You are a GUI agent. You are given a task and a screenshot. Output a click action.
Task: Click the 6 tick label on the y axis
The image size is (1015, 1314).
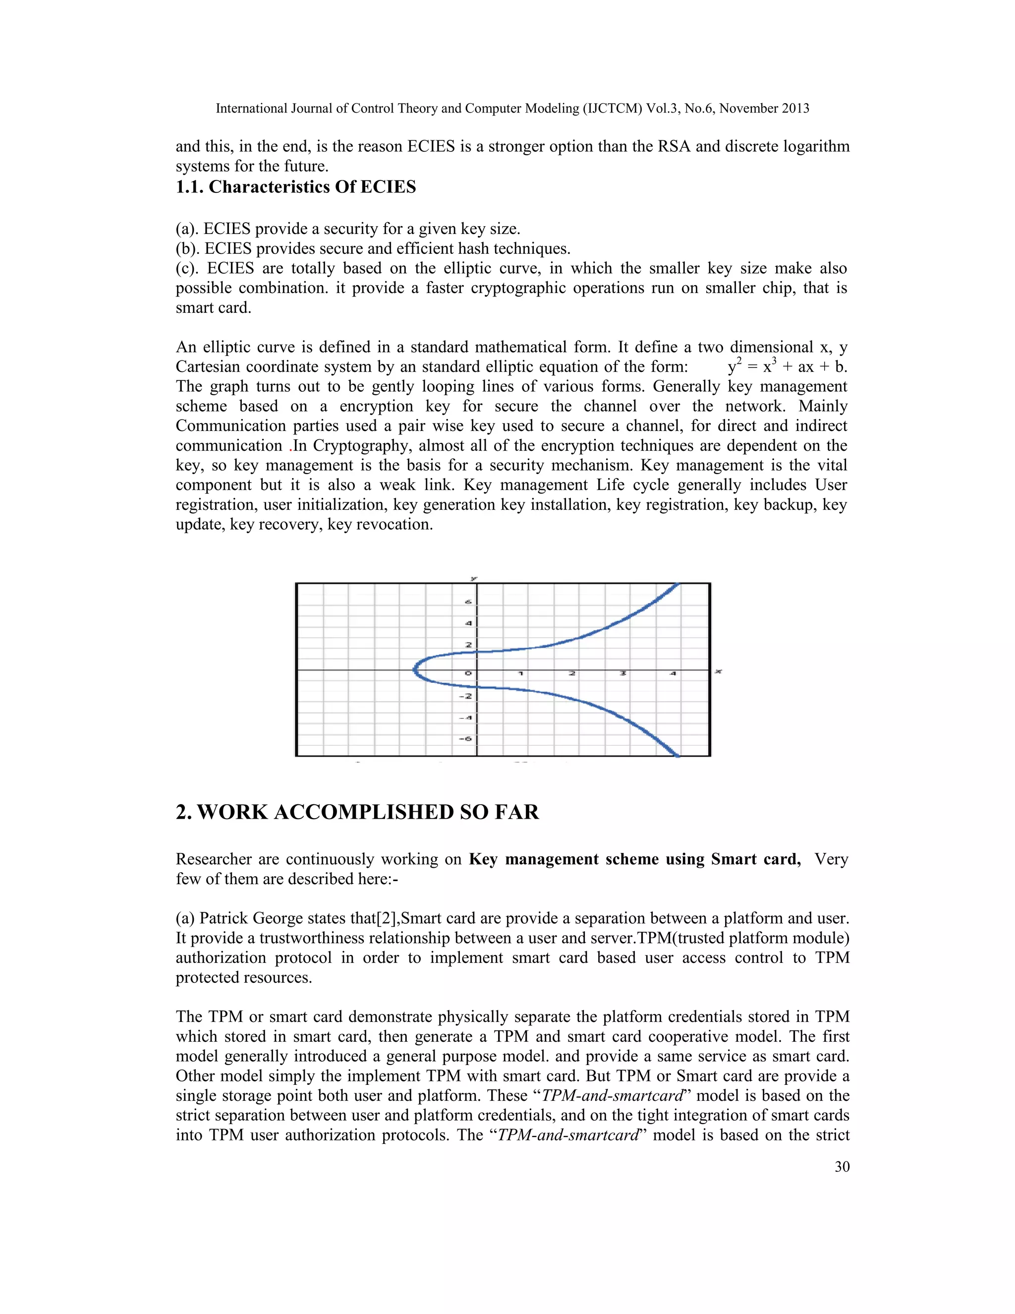[468, 602]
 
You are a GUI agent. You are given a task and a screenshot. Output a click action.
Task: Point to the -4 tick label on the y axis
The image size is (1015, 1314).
[465, 717]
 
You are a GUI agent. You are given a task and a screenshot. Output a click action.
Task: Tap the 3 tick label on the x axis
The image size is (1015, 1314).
[623, 673]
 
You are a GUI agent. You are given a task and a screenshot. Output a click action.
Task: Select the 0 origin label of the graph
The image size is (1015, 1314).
[468, 673]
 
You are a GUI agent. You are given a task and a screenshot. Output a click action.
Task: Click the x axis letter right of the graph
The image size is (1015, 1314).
[718, 671]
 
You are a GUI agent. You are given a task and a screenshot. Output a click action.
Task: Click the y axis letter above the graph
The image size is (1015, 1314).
[474, 578]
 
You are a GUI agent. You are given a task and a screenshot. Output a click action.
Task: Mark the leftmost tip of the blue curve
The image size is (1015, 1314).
[414, 669]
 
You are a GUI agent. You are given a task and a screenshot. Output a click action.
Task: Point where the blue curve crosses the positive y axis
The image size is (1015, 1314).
[477, 652]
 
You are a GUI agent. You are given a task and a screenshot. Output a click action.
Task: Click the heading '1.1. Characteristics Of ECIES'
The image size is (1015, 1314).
[295, 187]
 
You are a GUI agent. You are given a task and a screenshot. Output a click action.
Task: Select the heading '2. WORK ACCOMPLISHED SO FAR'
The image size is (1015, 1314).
[357, 812]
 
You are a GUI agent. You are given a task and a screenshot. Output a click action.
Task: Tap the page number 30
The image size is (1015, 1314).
[842, 1167]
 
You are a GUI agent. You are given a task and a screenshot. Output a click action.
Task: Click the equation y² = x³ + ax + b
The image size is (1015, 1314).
[787, 366]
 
